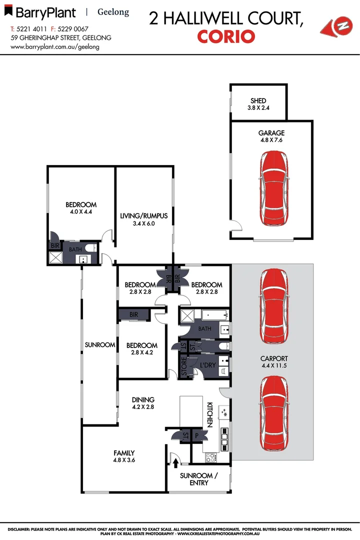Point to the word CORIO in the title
226,36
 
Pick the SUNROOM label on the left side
100,345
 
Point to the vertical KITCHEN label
210,414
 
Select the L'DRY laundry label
208,365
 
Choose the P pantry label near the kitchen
197,436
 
